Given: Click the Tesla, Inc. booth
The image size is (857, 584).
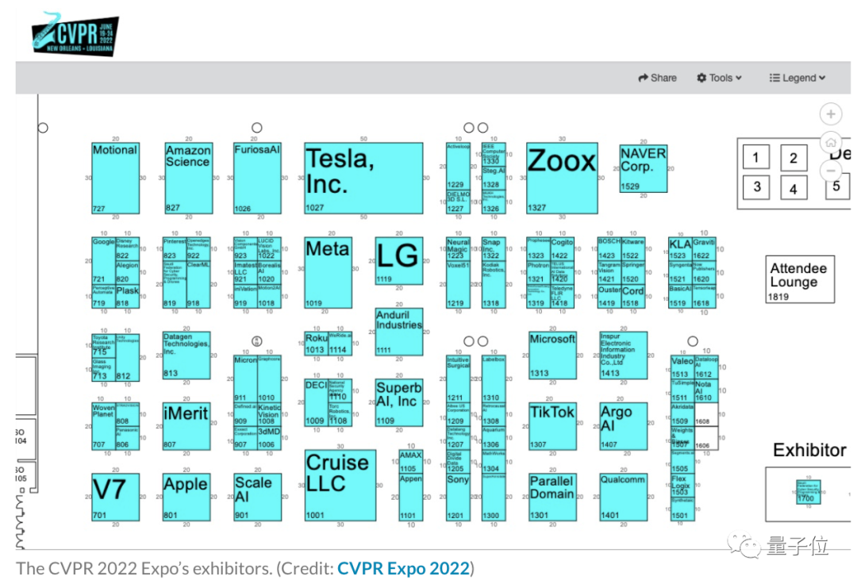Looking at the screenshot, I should pos(363,179).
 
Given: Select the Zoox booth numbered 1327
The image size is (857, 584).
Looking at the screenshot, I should pos(562,179).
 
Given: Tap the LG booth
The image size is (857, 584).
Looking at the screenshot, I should pos(398,260).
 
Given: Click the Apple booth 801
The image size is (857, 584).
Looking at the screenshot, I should pos(186,497).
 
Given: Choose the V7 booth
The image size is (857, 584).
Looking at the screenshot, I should pos(115,497).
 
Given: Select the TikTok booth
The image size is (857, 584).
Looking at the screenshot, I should pos(552,426).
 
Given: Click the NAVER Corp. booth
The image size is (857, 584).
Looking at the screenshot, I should pos(643,168).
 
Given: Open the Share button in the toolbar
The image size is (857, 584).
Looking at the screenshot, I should pos(657,78).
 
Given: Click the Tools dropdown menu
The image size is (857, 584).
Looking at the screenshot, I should pos(719,78).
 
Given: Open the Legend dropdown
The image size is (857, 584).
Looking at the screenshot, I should pos(797,78).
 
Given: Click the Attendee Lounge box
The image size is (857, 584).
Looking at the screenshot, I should pos(800,279).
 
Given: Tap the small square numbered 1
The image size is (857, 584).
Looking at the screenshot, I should pos(755,158).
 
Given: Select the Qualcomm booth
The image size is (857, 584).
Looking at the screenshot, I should pos(622,497).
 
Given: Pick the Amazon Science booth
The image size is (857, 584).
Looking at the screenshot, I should pos(188,179).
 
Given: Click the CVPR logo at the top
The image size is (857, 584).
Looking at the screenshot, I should pos(75,36).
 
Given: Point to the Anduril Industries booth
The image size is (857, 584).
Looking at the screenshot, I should pos(398,332).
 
